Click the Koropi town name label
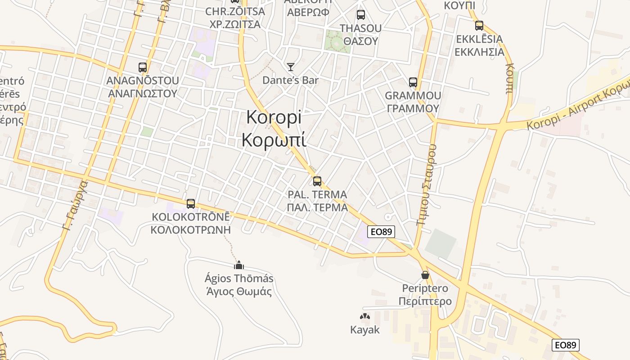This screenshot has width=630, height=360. (x=274, y=118)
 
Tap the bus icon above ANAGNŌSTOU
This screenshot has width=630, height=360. (x=143, y=67)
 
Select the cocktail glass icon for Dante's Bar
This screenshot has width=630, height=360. (x=291, y=67)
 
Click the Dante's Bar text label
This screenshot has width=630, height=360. (x=290, y=81)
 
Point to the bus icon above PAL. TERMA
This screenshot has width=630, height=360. (x=317, y=181)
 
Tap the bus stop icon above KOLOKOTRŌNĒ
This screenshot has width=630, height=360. (x=191, y=204)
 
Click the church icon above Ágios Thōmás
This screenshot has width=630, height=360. (x=239, y=265)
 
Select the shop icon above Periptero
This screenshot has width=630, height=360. (x=425, y=274)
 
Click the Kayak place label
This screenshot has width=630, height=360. (x=365, y=330)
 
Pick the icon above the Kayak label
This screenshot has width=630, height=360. (x=365, y=317)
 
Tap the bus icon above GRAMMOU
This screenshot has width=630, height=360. (x=413, y=82)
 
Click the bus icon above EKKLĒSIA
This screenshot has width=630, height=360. (x=479, y=26)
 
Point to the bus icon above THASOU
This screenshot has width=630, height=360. (x=360, y=15)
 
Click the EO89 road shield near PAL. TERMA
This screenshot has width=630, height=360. (x=381, y=232)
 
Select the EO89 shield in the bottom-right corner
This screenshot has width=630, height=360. (x=566, y=345)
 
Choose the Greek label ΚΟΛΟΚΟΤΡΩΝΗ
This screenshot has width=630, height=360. (x=190, y=229)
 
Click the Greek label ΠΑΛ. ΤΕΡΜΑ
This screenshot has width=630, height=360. (x=317, y=207)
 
